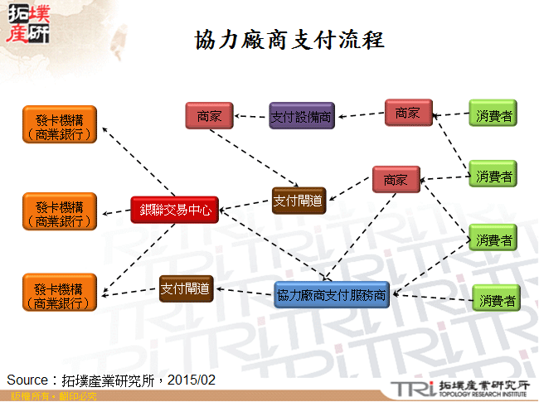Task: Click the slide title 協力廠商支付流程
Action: [x=290, y=41]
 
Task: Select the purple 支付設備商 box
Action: [x=301, y=116]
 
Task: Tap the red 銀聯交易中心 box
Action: [x=177, y=211]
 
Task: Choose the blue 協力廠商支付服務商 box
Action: [x=331, y=295]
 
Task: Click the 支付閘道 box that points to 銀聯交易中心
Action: [x=299, y=199]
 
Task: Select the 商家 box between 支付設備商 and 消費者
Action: [x=408, y=112]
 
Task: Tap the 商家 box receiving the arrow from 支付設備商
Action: [x=209, y=116]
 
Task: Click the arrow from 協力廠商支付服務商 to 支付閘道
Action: [x=245, y=291]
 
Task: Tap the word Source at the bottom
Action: [x=27, y=380]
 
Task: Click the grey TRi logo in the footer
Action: [x=411, y=389]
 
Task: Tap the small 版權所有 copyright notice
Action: [x=26, y=397]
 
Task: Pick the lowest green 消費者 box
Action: [x=496, y=299]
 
